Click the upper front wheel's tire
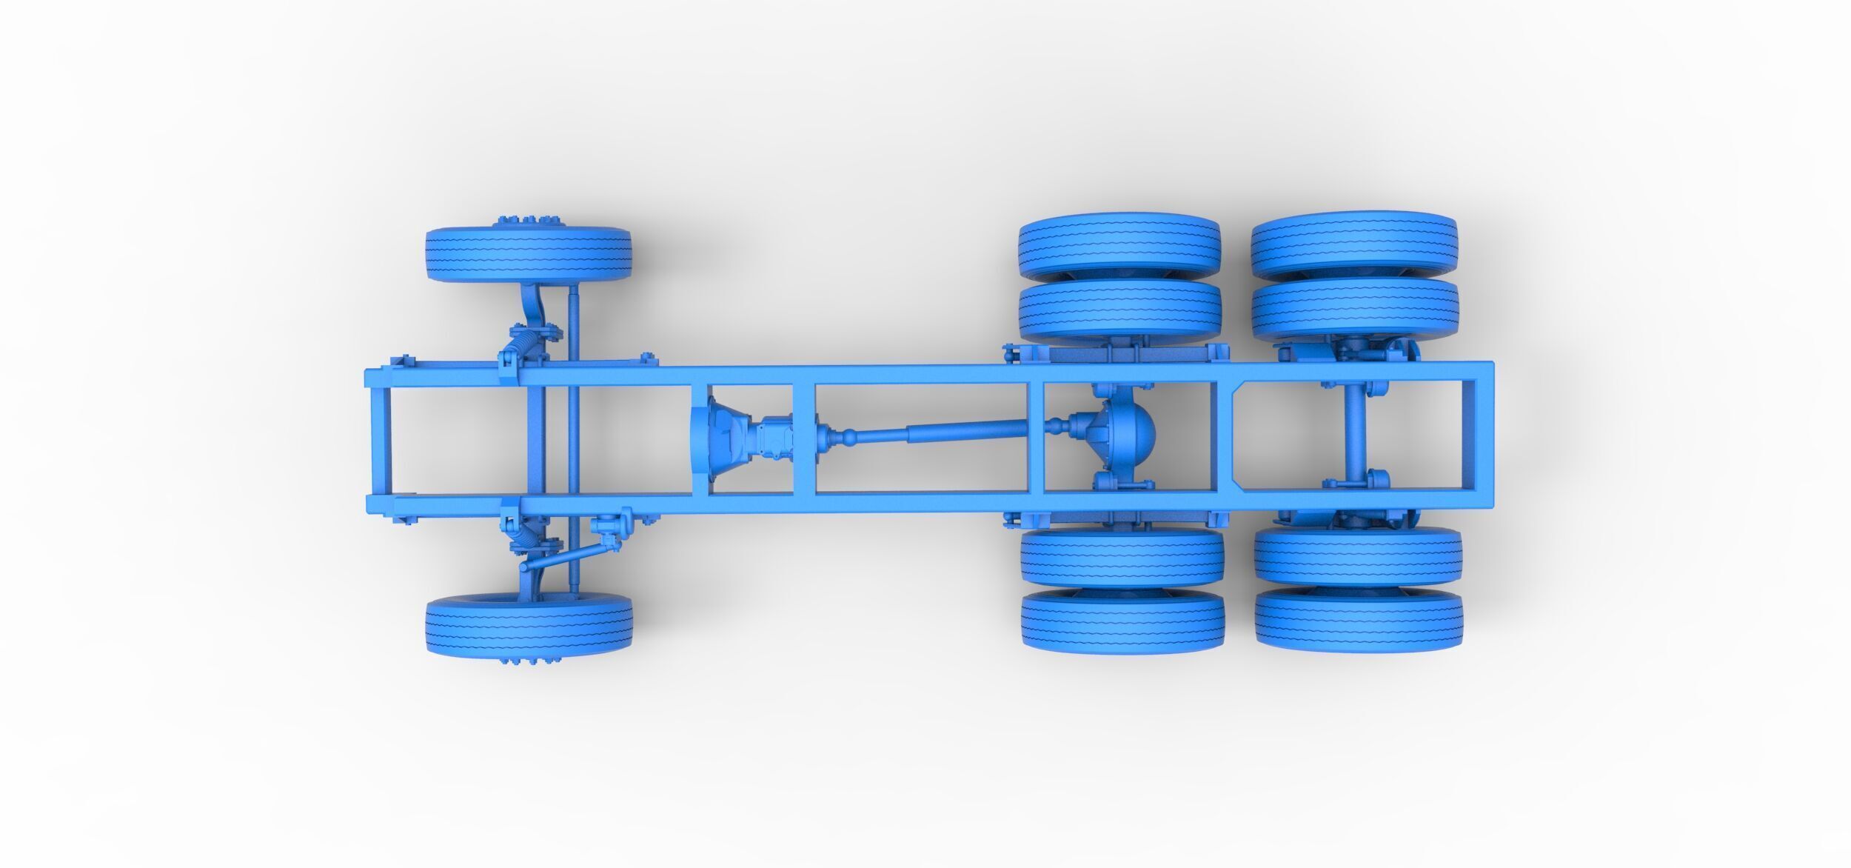tap(528, 254)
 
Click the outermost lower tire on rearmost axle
tap(1359, 621)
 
